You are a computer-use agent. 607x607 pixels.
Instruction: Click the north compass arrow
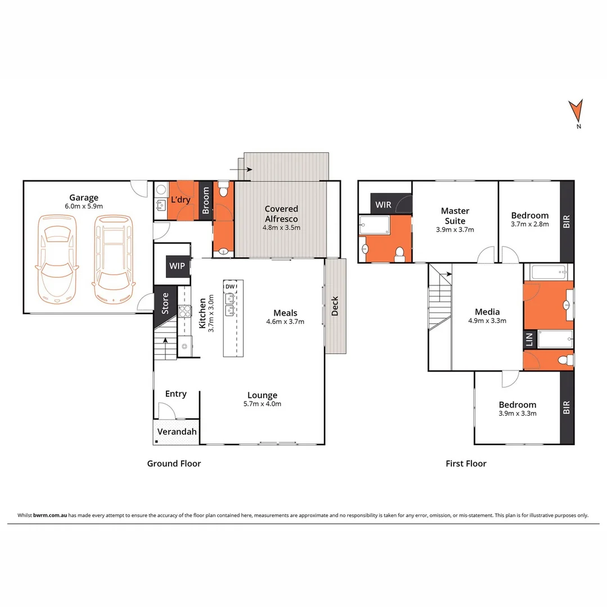[575, 111]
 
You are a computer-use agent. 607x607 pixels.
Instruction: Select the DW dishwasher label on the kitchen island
[229, 287]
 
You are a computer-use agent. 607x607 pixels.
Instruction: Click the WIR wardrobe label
[383, 205]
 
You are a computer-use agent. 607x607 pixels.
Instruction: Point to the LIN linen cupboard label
[529, 339]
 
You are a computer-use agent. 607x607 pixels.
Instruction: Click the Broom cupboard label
[206, 200]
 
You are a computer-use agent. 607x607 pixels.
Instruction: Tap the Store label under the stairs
[165, 303]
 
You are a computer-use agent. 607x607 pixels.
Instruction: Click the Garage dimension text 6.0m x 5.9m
[84, 206]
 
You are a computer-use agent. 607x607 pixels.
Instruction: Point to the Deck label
[335, 306]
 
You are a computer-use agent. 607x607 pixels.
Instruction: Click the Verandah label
[176, 432]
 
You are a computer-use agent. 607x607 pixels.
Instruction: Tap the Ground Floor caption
[174, 464]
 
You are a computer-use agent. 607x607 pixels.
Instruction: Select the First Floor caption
[466, 464]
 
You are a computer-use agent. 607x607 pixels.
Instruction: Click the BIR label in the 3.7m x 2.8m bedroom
[567, 220]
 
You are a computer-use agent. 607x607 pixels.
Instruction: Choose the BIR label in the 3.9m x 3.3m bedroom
[567, 407]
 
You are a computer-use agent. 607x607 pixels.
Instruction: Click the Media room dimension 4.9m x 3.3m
[487, 321]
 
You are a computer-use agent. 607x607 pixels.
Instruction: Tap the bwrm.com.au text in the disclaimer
[51, 515]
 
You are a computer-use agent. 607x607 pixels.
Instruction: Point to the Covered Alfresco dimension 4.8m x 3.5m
[282, 228]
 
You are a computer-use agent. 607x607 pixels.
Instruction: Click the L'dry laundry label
[180, 200]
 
